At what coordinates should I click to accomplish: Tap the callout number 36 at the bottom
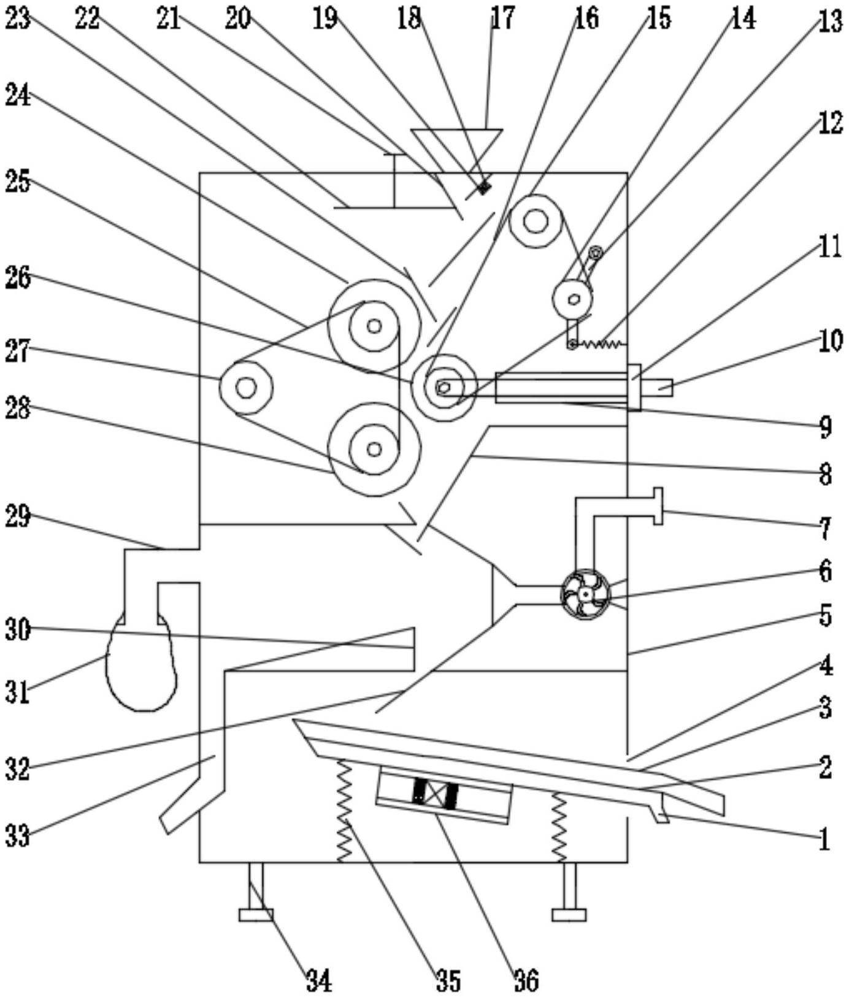coord(526,980)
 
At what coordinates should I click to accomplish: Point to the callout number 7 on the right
coord(826,526)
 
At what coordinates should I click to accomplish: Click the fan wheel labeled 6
coord(586,594)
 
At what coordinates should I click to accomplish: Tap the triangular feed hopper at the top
coord(458,144)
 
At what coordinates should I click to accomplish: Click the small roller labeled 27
coord(246,388)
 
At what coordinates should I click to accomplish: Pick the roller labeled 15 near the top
coord(536,221)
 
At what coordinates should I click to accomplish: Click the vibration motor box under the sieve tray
coord(444,795)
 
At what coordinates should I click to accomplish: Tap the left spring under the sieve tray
coord(344,810)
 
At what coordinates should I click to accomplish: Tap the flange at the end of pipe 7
coord(658,506)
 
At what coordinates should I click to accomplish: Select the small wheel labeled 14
coord(573,299)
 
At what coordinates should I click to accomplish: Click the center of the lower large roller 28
coord(374,449)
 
